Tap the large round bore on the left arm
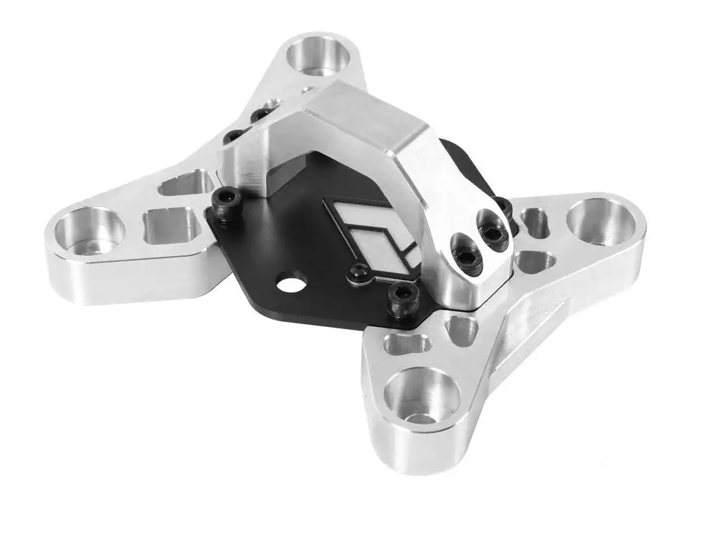89,230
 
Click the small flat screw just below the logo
358,274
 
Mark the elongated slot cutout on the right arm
536,221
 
